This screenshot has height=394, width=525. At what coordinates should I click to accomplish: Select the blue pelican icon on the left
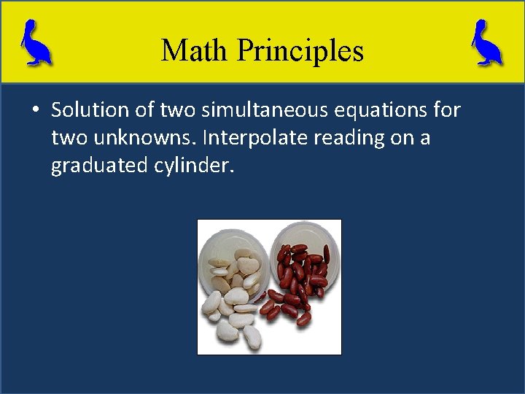35,43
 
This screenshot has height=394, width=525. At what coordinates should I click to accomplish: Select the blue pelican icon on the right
487,43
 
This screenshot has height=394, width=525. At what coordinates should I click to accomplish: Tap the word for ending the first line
446,110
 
